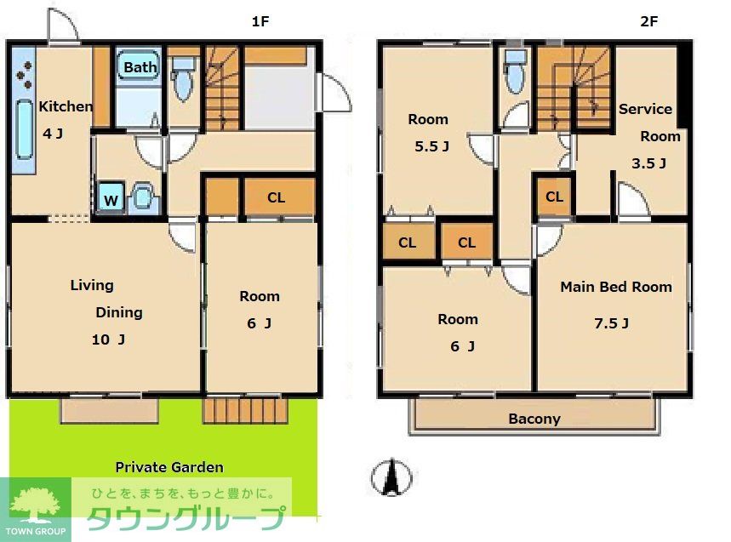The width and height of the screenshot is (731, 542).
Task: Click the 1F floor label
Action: [x=260, y=21]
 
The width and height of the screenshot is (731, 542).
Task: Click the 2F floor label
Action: [x=649, y=21]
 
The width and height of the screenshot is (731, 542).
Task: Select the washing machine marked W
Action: [x=111, y=199]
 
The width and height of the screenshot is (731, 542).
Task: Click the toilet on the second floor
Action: [x=516, y=71]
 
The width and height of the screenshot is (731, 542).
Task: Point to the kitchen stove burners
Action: [x=24, y=75]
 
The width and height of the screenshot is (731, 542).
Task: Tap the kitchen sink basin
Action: [x=24, y=129]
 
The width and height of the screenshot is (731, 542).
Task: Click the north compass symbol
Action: [x=391, y=476]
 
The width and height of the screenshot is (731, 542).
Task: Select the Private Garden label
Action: [x=169, y=467]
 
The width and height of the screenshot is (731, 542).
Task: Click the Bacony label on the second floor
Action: [x=534, y=419]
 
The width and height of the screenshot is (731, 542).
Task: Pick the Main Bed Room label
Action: [x=616, y=287]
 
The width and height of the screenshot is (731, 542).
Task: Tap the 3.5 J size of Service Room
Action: [x=648, y=163]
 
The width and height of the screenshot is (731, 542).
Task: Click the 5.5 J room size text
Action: [x=431, y=146]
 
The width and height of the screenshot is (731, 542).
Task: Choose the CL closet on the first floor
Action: [x=276, y=197]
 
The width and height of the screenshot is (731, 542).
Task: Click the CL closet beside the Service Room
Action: [x=554, y=197]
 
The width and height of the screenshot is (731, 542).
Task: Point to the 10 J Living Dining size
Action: [x=108, y=339]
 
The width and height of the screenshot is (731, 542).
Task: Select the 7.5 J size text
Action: [x=611, y=323]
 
